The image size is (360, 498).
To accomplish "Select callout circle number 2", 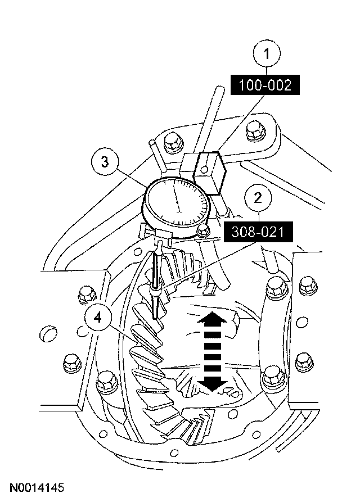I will [x=258, y=197].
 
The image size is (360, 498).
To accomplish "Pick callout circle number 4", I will [x=98, y=318].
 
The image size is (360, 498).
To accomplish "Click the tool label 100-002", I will [x=265, y=85].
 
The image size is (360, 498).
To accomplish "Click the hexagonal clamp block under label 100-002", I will [x=209, y=171].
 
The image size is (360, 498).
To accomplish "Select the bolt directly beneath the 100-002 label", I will [x=254, y=132].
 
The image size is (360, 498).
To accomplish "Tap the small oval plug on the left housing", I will [x=49, y=333].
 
